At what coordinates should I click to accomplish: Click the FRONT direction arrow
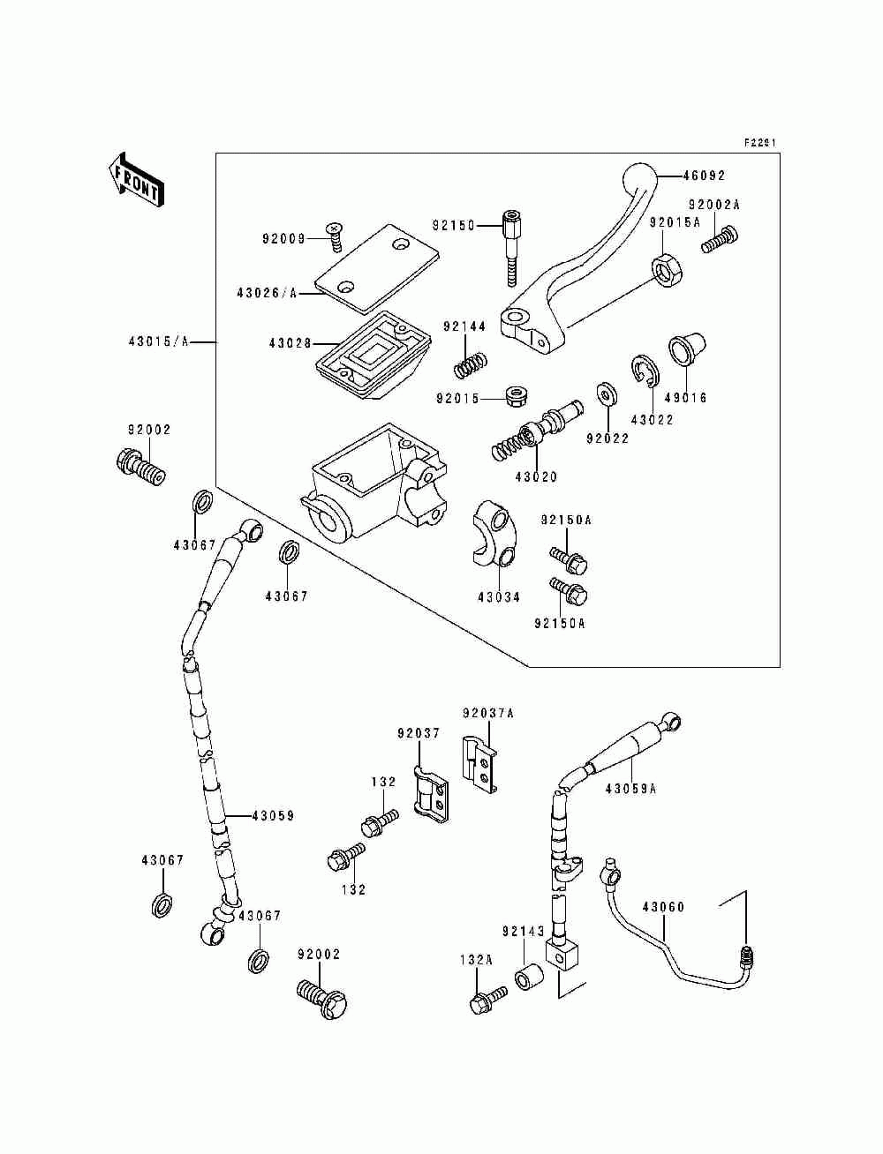[x=136, y=180]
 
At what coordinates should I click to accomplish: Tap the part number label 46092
[x=704, y=176]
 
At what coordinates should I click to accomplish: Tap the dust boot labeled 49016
[x=687, y=349]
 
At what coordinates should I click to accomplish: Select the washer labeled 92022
[x=608, y=393]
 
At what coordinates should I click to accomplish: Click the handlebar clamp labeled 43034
[x=495, y=533]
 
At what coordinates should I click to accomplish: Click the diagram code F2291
[x=760, y=142]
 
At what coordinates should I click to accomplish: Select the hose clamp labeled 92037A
[x=479, y=771]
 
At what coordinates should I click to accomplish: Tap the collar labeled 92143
[x=528, y=977]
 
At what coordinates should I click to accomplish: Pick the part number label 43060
[x=663, y=907]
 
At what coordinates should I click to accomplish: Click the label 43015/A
[x=158, y=341]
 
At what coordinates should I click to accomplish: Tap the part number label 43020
[x=536, y=476]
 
